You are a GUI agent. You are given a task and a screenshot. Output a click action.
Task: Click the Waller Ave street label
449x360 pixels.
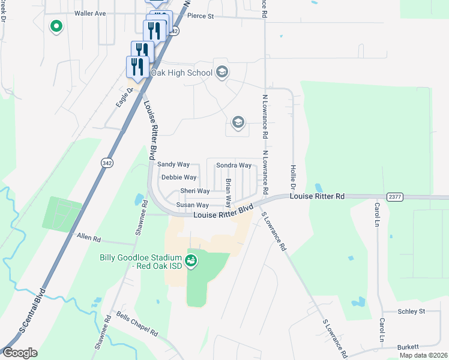(x=90, y=13)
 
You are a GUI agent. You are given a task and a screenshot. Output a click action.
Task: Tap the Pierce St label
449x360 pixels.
(x=202, y=16)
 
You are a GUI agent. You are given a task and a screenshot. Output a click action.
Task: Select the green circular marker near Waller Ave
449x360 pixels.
(x=56, y=26)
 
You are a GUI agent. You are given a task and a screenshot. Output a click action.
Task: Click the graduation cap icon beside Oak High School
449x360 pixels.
(x=221, y=73)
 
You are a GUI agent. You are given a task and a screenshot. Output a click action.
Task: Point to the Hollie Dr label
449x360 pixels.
(x=294, y=176)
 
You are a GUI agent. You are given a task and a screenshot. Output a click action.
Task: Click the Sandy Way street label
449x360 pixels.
(x=173, y=164)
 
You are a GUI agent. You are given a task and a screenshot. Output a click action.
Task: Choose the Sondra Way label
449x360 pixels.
(x=234, y=165)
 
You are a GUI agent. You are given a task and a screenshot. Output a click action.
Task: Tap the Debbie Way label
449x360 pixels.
(x=179, y=178)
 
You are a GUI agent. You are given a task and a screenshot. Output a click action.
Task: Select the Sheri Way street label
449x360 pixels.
(x=195, y=191)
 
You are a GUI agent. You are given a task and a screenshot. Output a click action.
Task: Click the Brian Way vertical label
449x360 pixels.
(x=228, y=190)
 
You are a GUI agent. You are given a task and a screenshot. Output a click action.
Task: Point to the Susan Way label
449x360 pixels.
(x=192, y=205)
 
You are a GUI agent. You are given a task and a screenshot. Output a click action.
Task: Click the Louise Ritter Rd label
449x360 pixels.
(x=317, y=196)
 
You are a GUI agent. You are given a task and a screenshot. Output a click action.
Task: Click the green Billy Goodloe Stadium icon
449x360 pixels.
(x=190, y=260)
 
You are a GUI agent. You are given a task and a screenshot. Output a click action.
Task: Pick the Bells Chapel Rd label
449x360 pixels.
(x=137, y=324)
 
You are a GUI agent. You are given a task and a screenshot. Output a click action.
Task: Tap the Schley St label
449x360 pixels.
(x=411, y=311)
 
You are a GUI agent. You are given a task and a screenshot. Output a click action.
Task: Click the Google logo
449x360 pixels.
(x=20, y=353)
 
